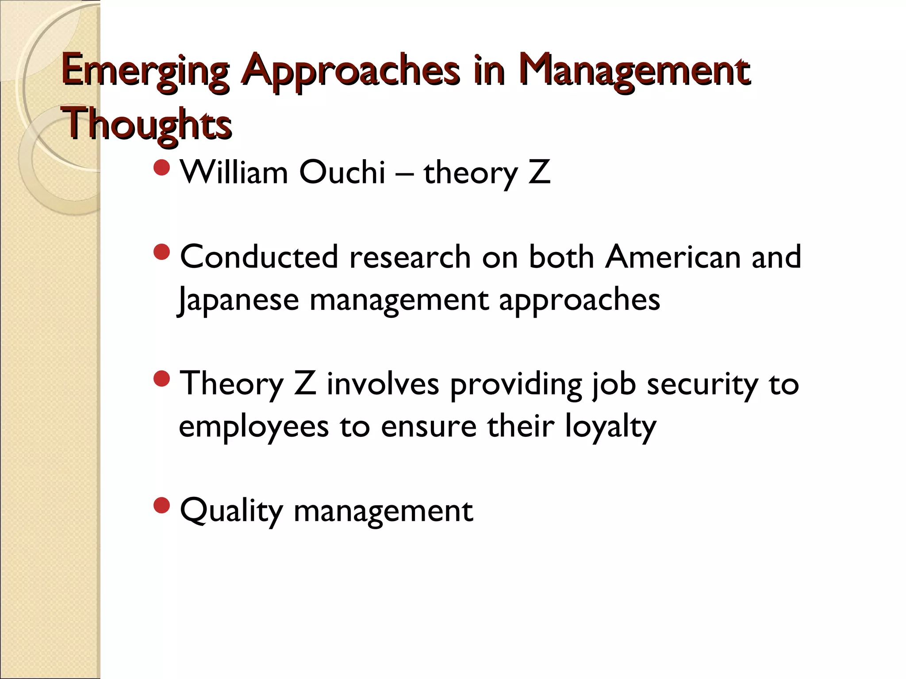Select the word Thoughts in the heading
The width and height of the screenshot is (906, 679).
click(x=149, y=123)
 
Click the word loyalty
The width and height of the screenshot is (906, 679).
click(x=610, y=427)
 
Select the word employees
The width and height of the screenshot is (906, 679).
click(x=254, y=427)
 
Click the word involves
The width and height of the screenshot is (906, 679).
click(x=383, y=384)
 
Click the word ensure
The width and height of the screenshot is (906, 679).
click(x=429, y=427)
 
